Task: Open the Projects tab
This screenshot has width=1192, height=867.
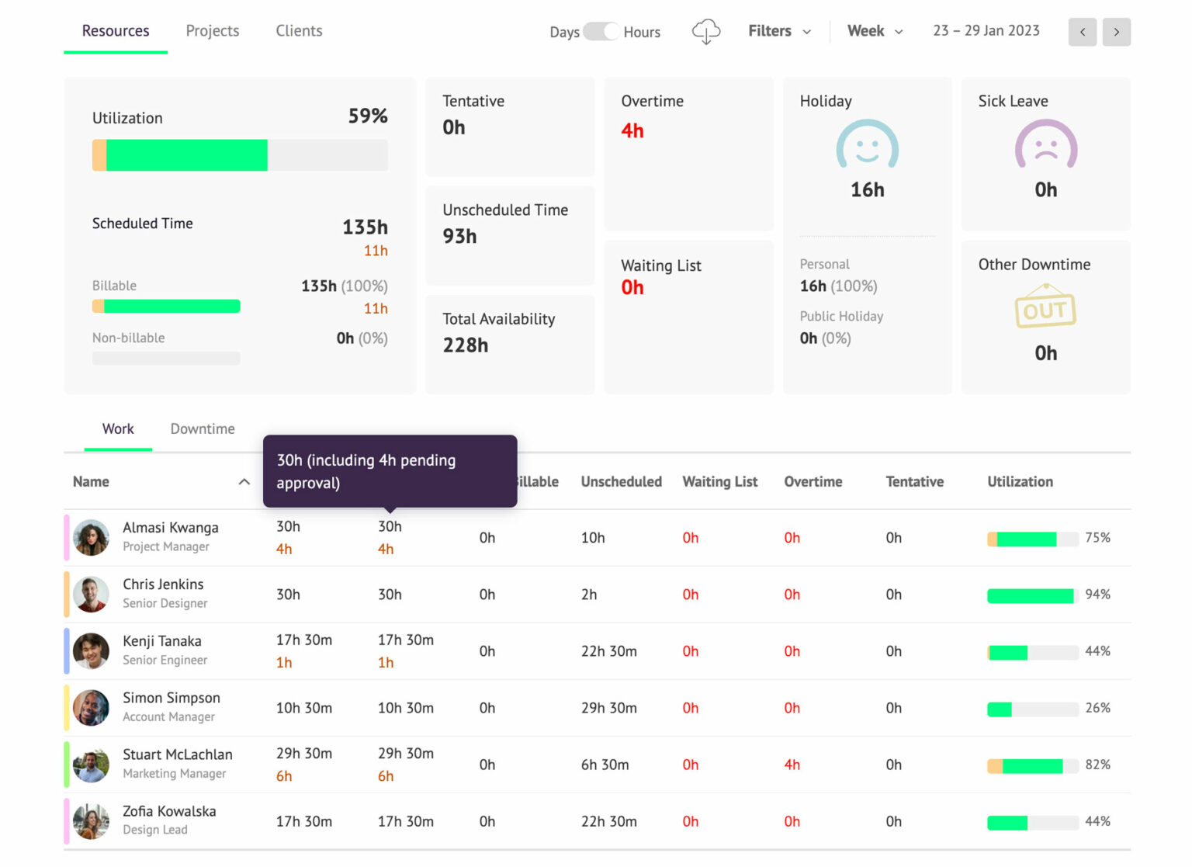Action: [212, 31]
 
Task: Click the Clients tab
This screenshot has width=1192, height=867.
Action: [299, 31]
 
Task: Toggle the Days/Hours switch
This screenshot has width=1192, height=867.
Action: [601, 32]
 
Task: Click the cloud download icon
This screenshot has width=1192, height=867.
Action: [705, 32]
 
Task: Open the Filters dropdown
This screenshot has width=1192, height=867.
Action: [778, 31]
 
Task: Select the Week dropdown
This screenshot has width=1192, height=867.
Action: [875, 31]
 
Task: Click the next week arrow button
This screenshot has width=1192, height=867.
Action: [1116, 32]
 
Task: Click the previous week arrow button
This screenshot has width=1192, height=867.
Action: [1082, 32]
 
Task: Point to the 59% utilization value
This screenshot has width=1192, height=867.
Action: [367, 116]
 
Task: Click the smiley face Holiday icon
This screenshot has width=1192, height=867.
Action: [867, 145]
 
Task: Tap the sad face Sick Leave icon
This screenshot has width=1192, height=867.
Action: [1045, 145]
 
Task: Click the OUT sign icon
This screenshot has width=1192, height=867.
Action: [1045, 308]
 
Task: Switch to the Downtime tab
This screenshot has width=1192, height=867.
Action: [203, 428]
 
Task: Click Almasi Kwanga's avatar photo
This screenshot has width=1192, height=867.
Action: [92, 537]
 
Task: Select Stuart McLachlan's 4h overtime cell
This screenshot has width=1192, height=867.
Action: [792, 765]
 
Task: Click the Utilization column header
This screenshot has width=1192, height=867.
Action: [1020, 481]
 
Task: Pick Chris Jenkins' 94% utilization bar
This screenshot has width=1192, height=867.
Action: [1031, 595]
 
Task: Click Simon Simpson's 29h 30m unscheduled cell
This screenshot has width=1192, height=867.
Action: [608, 708]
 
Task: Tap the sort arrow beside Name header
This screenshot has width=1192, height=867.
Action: [244, 482]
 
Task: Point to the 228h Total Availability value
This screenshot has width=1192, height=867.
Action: [466, 345]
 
